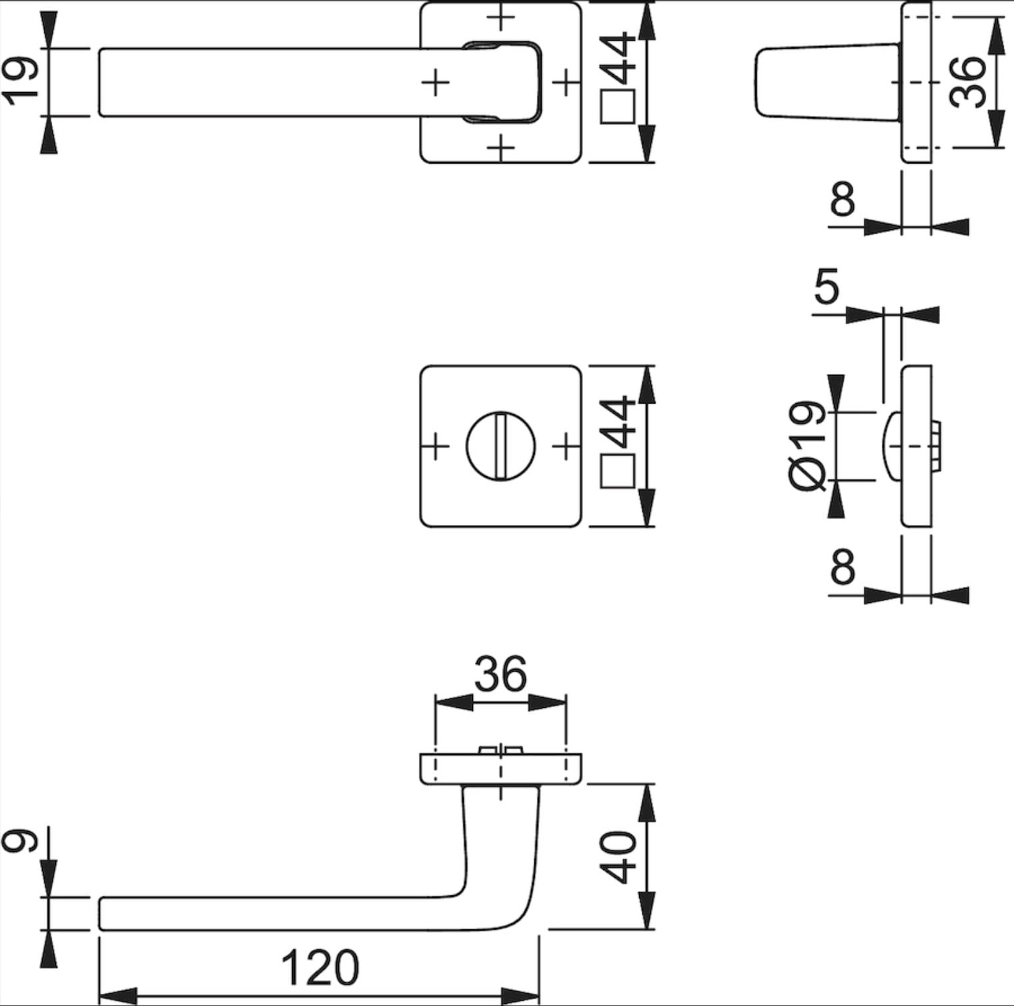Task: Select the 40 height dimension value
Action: coord(618,857)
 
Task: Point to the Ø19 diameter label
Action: coord(807,446)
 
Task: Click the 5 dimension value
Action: coord(826,288)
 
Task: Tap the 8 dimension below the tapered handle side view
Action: coord(842,199)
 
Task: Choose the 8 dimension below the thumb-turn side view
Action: coord(842,566)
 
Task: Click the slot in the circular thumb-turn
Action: coord(500,446)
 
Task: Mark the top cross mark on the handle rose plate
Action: coord(500,17)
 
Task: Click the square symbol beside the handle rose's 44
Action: coord(617,107)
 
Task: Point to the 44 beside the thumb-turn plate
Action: coord(618,422)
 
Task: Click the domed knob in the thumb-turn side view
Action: coord(891,446)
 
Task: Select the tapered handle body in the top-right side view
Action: coord(827,82)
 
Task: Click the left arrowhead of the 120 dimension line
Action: coord(117,995)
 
